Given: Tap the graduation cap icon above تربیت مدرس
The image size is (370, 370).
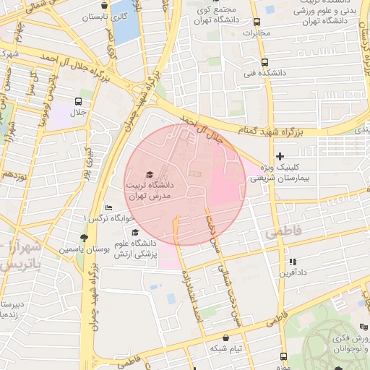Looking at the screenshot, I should point(150,174).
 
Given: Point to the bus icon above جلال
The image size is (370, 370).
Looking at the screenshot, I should point(78,101).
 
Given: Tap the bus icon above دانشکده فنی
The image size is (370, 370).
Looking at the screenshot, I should point(264,62).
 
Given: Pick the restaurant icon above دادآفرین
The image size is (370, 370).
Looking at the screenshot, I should point(292,262).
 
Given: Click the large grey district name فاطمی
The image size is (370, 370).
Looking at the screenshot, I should point(283,233).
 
